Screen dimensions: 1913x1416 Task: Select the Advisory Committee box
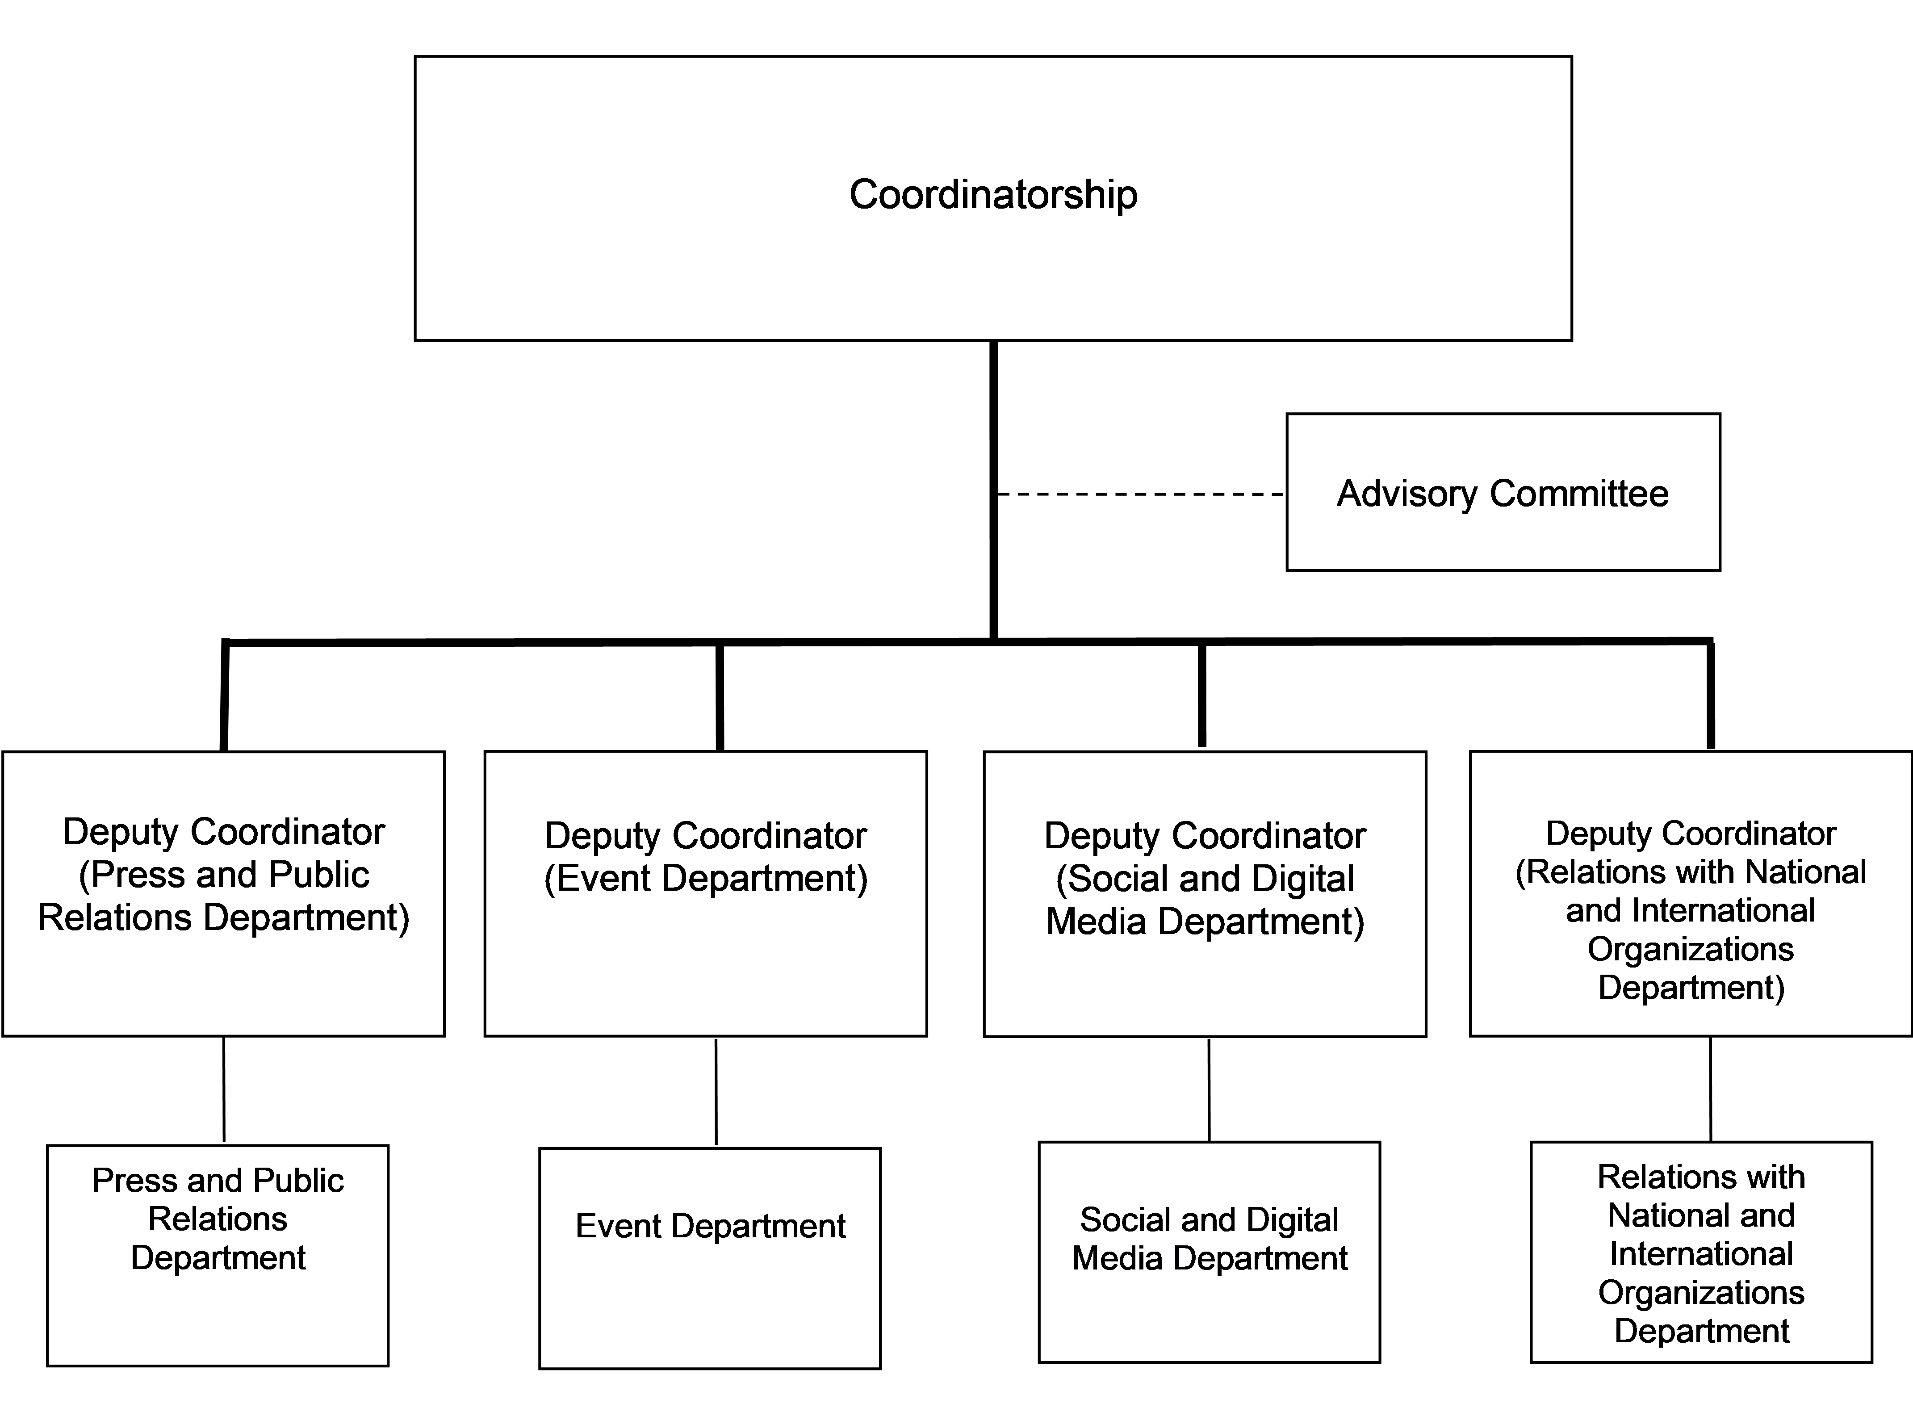click(1503, 492)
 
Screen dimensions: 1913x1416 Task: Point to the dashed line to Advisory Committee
click(1141, 494)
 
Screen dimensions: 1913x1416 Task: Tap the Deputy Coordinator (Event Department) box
click(705, 894)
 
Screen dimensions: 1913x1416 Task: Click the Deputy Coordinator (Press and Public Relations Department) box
click(224, 894)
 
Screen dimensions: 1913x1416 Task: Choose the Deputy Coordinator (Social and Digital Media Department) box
click(1205, 894)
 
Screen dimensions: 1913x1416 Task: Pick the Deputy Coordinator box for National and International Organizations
click(1691, 894)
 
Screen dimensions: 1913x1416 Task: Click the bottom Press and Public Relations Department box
click(218, 1256)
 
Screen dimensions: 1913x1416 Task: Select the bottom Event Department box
click(710, 1258)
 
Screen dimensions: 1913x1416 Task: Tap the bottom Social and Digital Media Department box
click(1210, 1252)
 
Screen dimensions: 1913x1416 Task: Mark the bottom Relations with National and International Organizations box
click(1701, 1252)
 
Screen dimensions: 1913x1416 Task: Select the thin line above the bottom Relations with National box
click(1711, 1089)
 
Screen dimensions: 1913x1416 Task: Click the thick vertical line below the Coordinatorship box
click(993, 490)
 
